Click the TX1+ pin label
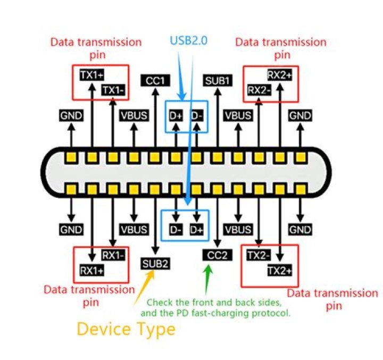pyautogui.click(x=92, y=75)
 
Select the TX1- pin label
pyautogui.click(x=113, y=90)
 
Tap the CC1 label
pyautogui.click(x=155, y=81)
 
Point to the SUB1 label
pyautogui.click(x=218, y=81)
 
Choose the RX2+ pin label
pyautogui.click(x=280, y=75)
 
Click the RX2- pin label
pyautogui.click(x=259, y=90)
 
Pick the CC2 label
pyautogui.click(x=217, y=255)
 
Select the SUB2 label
pyautogui.click(x=155, y=264)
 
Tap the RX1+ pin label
pyautogui.click(x=92, y=271)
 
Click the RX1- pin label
pyautogui.click(x=113, y=255)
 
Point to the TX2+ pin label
pyautogui.click(x=280, y=271)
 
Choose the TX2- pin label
pyautogui.click(x=259, y=255)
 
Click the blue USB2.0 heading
pyautogui.click(x=188, y=40)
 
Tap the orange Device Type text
pyautogui.click(x=126, y=329)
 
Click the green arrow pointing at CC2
pyautogui.click(x=207, y=280)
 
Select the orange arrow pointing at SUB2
pyautogui.click(x=144, y=288)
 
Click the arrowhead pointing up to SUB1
pyautogui.click(x=218, y=92)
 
